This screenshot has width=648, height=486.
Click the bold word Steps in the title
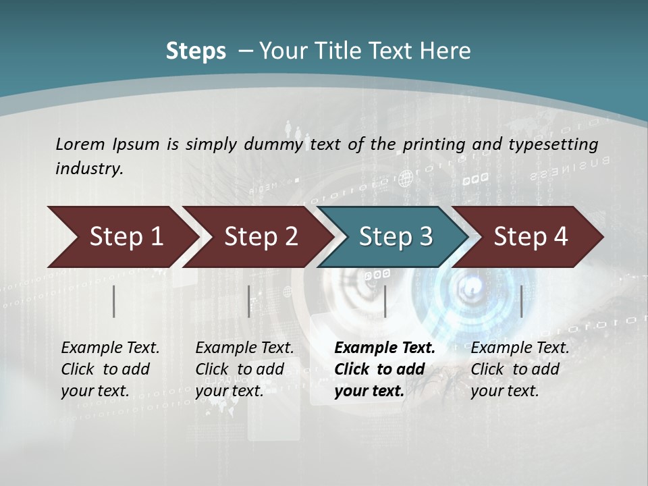[x=196, y=51]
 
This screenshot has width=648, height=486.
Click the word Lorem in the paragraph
[x=80, y=144]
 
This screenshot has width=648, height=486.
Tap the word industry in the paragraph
[x=88, y=169]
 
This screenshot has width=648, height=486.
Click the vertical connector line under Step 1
[x=114, y=301]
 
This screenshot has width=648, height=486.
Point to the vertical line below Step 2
[x=249, y=301]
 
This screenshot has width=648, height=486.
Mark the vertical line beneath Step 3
[x=385, y=301]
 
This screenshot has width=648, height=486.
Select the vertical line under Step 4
[x=521, y=301]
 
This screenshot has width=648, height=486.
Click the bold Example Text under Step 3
[x=385, y=348]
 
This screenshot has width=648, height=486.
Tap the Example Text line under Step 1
[x=110, y=348]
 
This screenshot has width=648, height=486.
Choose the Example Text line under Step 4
[x=520, y=348]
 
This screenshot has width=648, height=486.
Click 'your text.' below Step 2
[x=229, y=391]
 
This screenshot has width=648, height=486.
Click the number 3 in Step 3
[x=425, y=237]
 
